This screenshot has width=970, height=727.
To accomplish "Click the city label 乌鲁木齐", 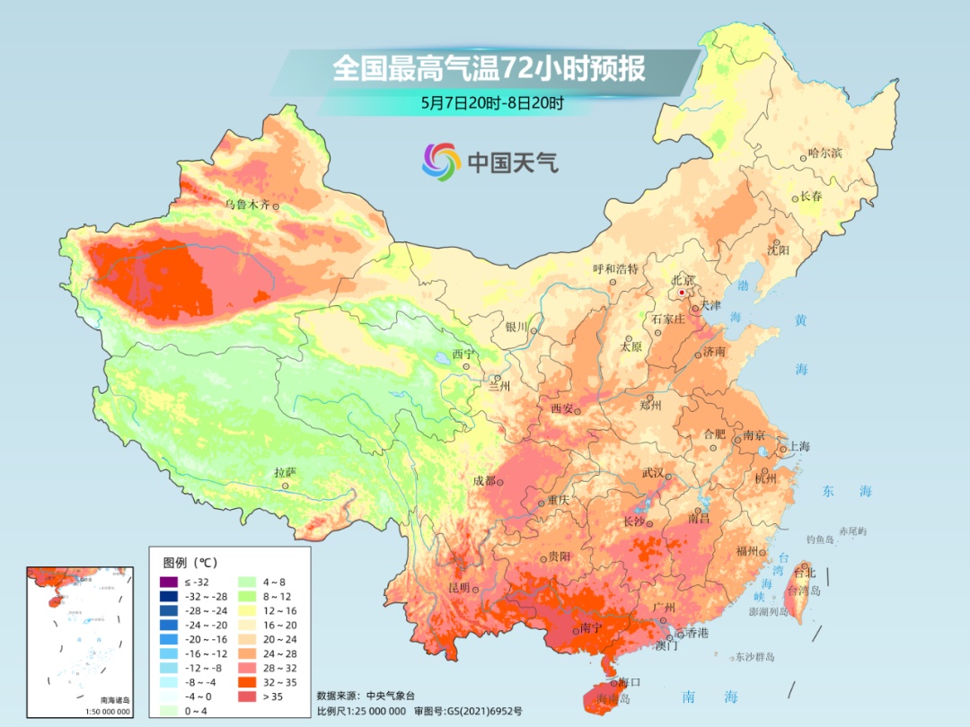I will click(247, 205).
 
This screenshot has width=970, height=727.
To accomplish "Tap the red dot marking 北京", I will click(682, 293).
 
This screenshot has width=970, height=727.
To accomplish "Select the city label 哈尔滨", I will click(824, 153).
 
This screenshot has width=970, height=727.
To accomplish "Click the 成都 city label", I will click(484, 481).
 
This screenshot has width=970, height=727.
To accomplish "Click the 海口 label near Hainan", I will click(630, 683).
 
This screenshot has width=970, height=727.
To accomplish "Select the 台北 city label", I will click(802, 573).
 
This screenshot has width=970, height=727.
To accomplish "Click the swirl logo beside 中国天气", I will click(441, 162).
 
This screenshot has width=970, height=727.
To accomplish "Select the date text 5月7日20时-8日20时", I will click(491, 102).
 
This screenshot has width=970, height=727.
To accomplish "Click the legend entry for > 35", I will click(275, 696).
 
